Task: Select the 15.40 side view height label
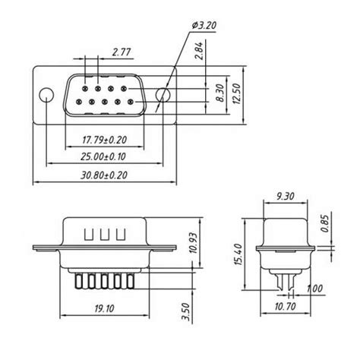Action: [238, 256]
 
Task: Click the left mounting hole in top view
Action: [46, 96]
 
